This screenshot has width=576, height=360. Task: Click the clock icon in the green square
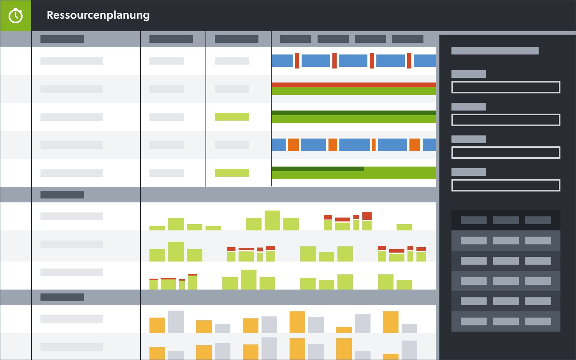[x=16, y=16]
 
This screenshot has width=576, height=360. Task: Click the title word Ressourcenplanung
[x=98, y=15]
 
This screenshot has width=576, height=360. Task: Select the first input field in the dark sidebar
[x=506, y=87]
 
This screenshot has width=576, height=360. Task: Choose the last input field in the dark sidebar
[x=506, y=185]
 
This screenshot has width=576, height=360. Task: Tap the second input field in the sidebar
[x=506, y=120]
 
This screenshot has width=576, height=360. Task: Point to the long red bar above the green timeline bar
[x=353, y=84]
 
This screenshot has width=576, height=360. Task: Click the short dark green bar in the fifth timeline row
[x=318, y=169]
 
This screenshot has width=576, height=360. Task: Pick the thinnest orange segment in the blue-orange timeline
[x=374, y=145]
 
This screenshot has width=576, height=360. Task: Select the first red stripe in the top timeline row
[x=297, y=61]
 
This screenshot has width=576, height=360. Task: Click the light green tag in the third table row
[x=232, y=117]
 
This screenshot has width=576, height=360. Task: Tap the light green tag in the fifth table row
[x=232, y=173]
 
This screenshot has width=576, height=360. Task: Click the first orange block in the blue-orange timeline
[x=293, y=145]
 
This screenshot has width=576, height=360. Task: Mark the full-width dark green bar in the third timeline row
[x=353, y=113]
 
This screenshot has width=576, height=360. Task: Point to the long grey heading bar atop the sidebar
[x=495, y=51]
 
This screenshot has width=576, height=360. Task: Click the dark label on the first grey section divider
[x=62, y=195]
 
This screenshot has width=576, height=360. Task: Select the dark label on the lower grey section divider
[x=62, y=297]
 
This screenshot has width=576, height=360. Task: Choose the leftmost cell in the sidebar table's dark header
[x=474, y=220]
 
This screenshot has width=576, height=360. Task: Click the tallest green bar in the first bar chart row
[x=272, y=220]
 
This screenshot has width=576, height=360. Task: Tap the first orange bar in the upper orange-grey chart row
[x=157, y=325]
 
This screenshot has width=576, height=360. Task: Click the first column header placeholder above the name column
[x=62, y=39]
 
